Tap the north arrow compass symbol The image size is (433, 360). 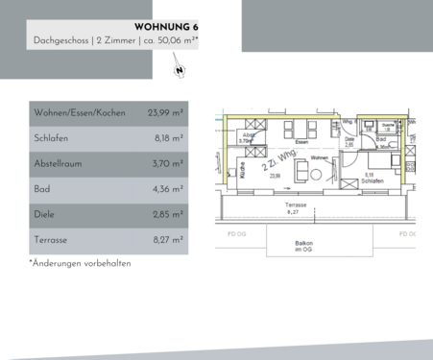(x=179, y=68)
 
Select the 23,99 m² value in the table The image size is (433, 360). (x=165, y=113)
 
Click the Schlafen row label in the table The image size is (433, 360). (x=52, y=138)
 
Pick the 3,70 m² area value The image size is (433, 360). (x=167, y=163)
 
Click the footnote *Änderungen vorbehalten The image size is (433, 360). (x=80, y=263)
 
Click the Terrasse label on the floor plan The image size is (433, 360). (x=295, y=205)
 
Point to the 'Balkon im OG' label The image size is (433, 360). (x=304, y=246)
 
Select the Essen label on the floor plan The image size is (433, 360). (x=301, y=141)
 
